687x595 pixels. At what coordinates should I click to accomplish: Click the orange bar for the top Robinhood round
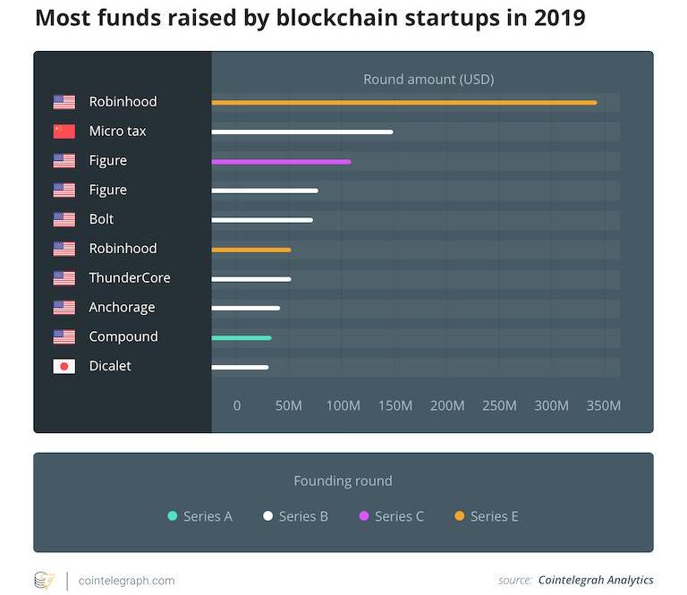(x=403, y=102)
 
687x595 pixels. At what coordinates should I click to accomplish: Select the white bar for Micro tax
(x=302, y=132)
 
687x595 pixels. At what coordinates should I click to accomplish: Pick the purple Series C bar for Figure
(x=281, y=161)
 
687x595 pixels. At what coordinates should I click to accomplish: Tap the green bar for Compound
(x=242, y=337)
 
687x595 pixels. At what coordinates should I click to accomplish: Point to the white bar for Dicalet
(x=240, y=367)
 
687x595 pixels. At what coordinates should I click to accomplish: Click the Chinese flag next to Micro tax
(x=64, y=132)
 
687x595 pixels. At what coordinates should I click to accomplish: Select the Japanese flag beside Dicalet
(x=64, y=366)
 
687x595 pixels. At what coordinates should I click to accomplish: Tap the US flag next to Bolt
(x=64, y=219)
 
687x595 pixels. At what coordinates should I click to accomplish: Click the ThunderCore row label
(x=130, y=277)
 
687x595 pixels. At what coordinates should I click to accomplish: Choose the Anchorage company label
(x=122, y=307)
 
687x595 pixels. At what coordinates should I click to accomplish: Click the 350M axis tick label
(x=603, y=405)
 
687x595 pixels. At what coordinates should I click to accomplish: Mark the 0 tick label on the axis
(x=237, y=405)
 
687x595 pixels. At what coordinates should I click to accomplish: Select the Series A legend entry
(x=200, y=516)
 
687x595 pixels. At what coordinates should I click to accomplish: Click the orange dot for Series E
(x=460, y=516)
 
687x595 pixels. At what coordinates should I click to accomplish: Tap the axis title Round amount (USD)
(x=428, y=80)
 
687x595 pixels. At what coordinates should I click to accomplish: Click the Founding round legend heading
(x=343, y=481)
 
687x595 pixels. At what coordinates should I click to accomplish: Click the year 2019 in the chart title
(x=554, y=18)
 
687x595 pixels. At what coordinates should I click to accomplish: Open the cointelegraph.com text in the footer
(x=127, y=580)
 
